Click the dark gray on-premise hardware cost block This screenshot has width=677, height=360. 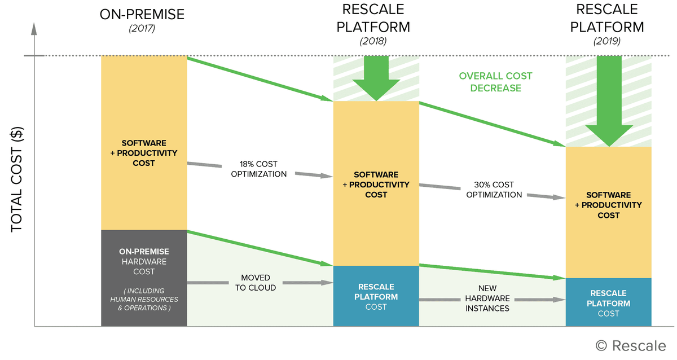click(x=144, y=278)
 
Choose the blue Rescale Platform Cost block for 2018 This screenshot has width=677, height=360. click(x=376, y=296)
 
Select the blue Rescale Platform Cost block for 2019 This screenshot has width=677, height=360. click(x=608, y=302)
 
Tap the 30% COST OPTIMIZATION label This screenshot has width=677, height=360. click(x=494, y=190)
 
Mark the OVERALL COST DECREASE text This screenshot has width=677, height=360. click(x=495, y=82)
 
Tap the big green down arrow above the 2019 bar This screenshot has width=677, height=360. click(x=608, y=102)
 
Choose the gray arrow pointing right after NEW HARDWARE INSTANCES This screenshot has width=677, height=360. click(x=541, y=299)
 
